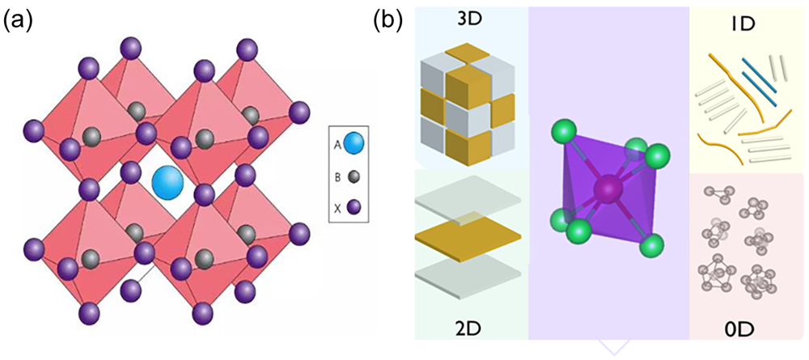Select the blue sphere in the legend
(354, 146)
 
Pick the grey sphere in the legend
(353, 176)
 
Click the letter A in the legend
(337, 146)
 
